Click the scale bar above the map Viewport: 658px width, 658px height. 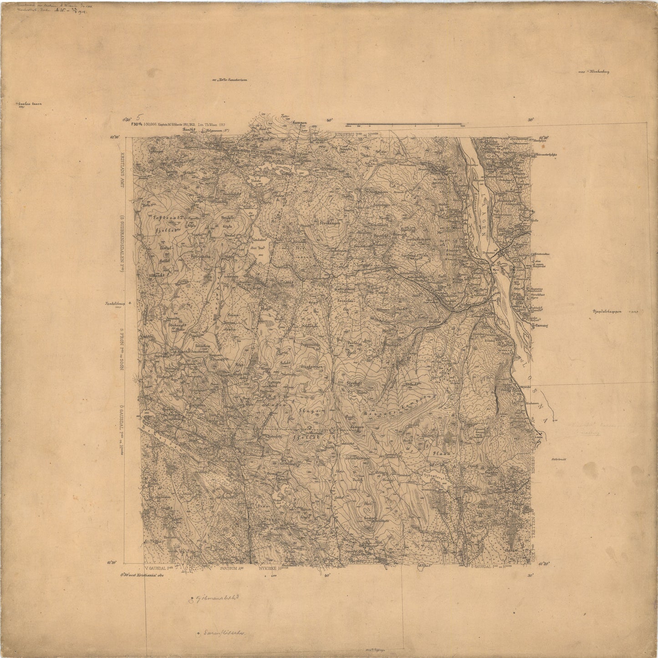click(x=405, y=124)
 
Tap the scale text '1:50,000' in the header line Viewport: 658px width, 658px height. click(x=150, y=124)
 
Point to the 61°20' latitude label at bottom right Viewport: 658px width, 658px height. click(x=544, y=565)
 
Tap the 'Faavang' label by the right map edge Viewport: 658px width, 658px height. click(x=541, y=326)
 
